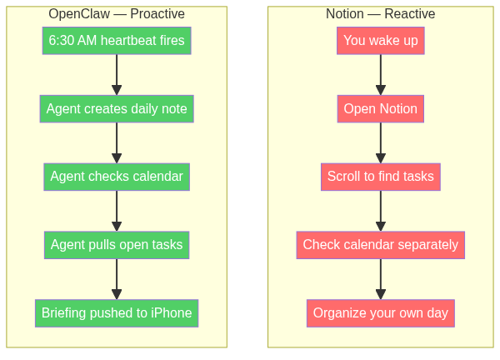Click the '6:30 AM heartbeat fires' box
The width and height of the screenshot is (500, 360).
coord(117,40)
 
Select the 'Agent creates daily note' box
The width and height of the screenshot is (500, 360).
coord(117,108)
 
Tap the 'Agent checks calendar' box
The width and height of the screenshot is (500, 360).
coord(117,177)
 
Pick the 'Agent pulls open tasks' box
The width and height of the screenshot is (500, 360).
coord(117,245)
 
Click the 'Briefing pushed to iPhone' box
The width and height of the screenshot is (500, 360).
coord(117,313)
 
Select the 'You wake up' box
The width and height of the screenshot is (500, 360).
coord(381,40)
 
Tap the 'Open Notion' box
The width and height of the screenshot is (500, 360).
coord(381,108)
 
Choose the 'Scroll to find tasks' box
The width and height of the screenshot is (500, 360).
coord(381,177)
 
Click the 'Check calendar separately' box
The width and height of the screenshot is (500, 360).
coord(381,245)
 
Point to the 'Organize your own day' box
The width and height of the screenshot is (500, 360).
coord(381,313)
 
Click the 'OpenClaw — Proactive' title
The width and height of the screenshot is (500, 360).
coord(117,14)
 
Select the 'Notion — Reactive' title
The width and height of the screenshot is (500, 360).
coord(381,14)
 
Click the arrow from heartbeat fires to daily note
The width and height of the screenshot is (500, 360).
coord(117,74)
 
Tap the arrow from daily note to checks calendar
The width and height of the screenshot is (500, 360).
coord(117,142)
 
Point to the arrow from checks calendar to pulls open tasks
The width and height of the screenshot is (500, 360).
coord(117,211)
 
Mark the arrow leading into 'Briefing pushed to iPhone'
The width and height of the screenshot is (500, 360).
coord(117,279)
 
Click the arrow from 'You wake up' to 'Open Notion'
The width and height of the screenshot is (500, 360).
coord(381,74)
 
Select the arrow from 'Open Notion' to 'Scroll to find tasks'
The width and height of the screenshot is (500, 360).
coord(381,142)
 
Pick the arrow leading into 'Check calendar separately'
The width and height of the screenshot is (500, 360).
coord(381,211)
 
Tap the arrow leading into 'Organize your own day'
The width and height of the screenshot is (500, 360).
coord(381,279)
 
